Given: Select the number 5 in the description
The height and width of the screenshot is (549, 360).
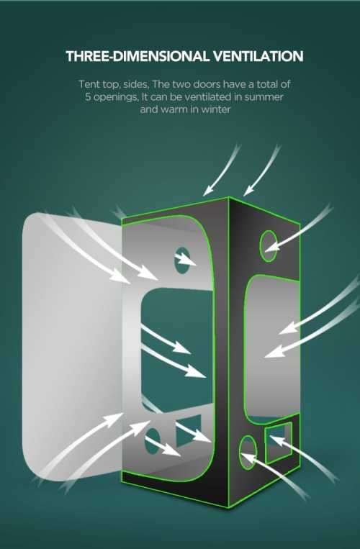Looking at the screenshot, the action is pos(88,97).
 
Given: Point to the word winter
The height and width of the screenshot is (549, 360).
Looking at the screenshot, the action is pos(215,109).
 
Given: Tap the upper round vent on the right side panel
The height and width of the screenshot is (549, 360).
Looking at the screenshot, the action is pos(269,246).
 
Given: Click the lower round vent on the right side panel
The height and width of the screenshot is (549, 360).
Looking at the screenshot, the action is pos(248,453).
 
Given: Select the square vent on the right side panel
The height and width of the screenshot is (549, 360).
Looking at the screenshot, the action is pos(278,443).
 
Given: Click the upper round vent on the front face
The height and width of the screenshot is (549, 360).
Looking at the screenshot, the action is pos(182,260).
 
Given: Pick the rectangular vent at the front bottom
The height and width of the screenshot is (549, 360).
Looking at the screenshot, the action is pos(189,431).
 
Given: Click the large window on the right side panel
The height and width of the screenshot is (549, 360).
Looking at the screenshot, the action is pos(271,346).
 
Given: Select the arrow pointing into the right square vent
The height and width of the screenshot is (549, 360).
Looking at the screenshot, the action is pos(304,458).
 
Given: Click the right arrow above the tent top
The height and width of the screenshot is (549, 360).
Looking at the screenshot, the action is pos(261,171).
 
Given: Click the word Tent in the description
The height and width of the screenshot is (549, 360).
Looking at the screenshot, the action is pos(89,84).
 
